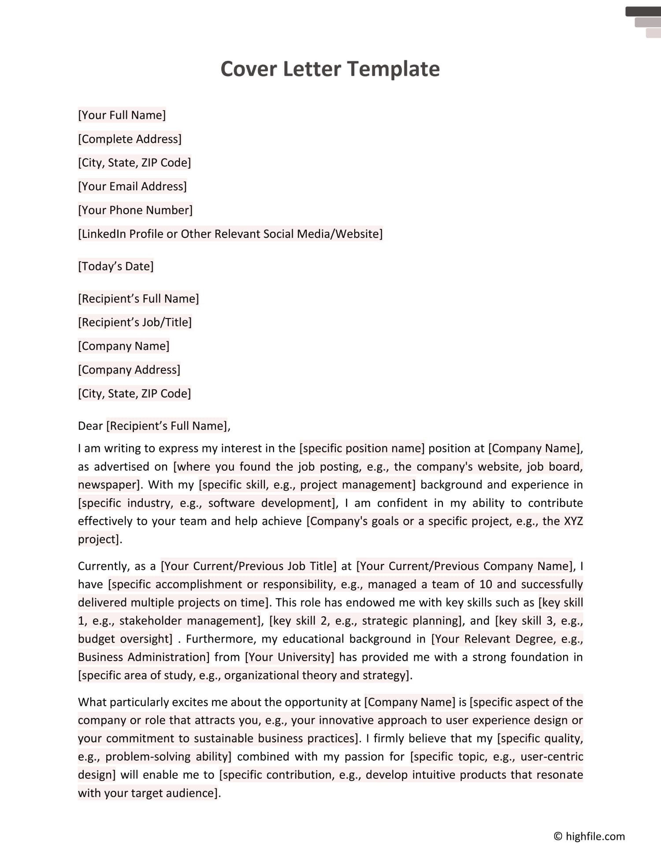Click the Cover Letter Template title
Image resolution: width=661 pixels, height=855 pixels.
coord(330,69)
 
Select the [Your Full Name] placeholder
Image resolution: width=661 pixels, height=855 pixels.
coord(122,115)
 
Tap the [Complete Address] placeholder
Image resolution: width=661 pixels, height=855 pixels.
coord(130,139)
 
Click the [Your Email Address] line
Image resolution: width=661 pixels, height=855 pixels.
coord(132,186)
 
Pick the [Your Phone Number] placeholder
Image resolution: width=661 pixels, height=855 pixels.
coord(135,210)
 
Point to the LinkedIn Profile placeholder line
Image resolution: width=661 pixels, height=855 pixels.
coord(230,234)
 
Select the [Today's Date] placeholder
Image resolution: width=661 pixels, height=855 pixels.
coord(115,266)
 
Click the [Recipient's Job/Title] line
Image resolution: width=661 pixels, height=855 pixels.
coord(135,322)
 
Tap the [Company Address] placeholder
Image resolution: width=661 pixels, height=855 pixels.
coord(129,370)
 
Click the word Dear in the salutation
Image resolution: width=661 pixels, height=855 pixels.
coord(90,426)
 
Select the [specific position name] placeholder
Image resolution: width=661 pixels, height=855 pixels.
coord(362,448)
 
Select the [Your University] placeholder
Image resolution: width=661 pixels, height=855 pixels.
coord(290,657)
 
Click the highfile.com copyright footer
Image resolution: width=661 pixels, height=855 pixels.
coord(589,836)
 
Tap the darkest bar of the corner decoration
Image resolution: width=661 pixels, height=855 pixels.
coord(642,11)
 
